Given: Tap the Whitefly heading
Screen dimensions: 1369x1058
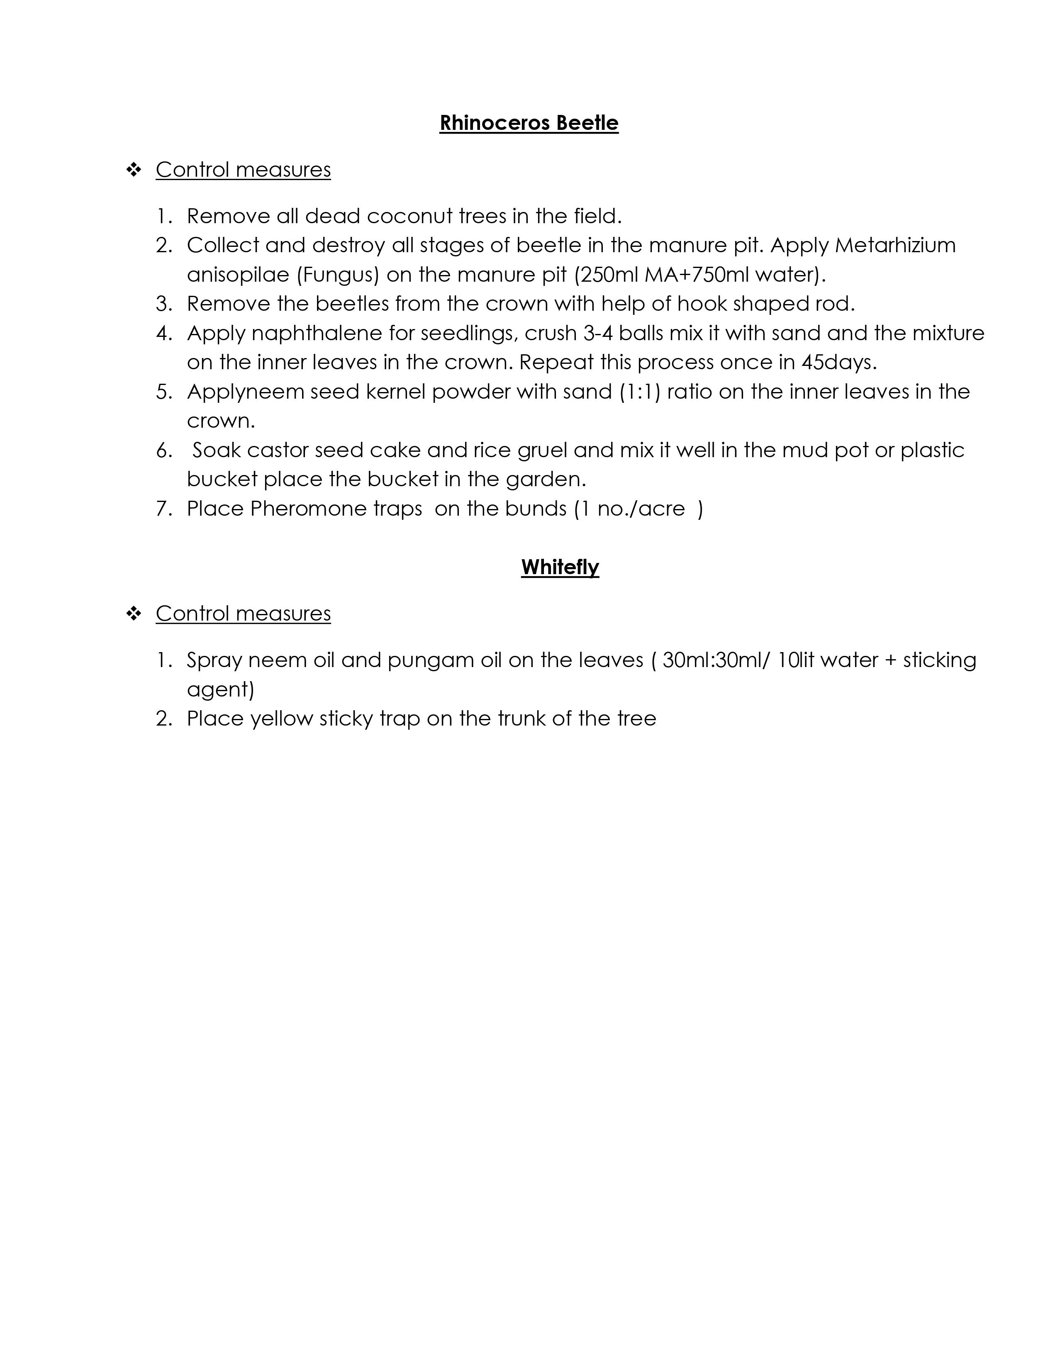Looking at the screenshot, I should (560, 567).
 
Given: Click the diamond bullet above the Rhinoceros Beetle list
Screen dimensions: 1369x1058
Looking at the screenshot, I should (134, 169).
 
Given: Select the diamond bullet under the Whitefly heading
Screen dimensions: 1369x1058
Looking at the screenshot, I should (134, 613).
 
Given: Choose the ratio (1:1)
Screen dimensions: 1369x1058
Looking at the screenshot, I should (639, 392).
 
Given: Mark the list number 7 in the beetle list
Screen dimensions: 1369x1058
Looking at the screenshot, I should (163, 508).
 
